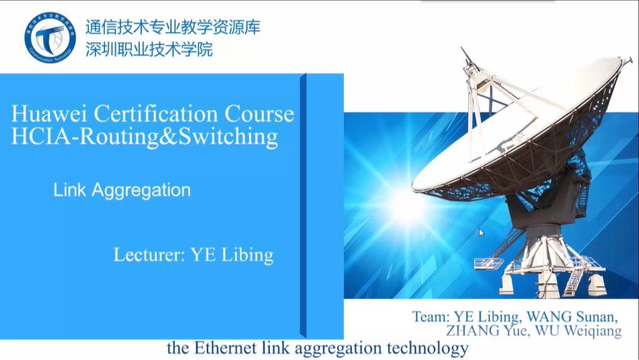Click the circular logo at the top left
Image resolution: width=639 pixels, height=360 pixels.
49,38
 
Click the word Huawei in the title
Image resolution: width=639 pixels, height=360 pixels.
49,113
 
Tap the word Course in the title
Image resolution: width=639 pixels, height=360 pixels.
259,113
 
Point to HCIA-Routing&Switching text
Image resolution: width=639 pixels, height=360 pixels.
145,136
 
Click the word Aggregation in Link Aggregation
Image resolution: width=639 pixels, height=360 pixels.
141,190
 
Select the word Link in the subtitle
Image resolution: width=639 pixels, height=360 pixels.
70,189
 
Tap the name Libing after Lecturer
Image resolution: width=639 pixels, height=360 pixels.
247,255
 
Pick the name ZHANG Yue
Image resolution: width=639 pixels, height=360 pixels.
487,331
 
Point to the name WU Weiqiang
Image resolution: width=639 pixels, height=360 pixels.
578,331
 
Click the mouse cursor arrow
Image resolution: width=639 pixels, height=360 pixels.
481,233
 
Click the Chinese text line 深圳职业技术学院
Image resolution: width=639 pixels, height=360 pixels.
149,50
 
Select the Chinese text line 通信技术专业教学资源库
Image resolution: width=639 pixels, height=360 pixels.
173,28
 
